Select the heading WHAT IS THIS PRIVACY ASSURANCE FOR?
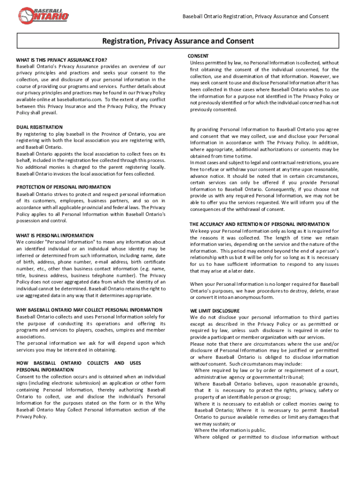62,60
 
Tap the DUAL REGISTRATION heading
39,127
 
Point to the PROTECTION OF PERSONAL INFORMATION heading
64,187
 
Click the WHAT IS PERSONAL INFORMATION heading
55,236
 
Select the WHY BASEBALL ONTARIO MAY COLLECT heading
89,310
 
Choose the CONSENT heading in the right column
198,56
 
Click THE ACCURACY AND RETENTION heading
259,225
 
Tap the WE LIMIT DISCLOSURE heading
215,311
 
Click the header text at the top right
255,16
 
